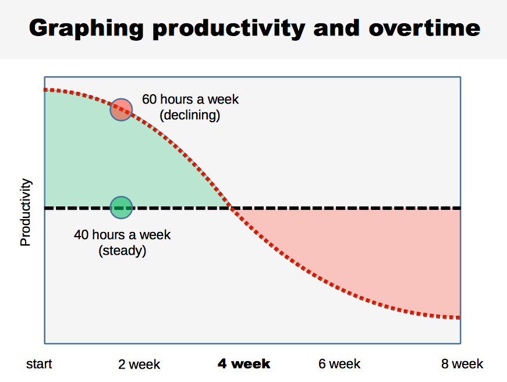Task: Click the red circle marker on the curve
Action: pos(122,109)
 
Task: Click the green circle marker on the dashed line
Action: pos(122,207)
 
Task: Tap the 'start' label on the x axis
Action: pos(39,364)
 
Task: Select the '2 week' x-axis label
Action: pos(139,365)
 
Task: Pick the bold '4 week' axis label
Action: pos(244,364)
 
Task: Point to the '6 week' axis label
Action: pos(339,364)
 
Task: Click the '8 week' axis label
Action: pos(462,364)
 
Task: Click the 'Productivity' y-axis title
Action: pos(26,213)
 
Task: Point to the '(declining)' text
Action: pos(190,115)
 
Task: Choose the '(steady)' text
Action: pos(122,251)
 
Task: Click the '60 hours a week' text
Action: pos(190,99)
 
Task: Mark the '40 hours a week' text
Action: pos(122,235)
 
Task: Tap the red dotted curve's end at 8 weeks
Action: pos(459,317)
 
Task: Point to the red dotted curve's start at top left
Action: pos(46,90)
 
